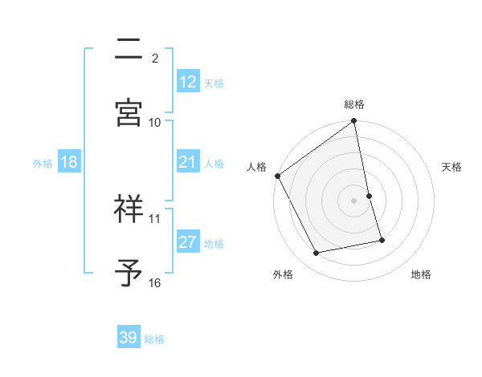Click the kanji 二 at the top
(129, 50)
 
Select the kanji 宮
(129, 112)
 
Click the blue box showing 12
(187, 82)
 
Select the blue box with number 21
(187, 162)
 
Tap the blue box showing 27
(187, 242)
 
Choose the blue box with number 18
(68, 162)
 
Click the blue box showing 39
(129, 338)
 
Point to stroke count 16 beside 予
(155, 282)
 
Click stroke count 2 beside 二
(155, 58)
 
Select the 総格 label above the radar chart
(354, 104)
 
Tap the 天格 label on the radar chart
(451, 167)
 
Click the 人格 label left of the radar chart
(256, 167)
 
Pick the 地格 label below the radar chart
(421, 275)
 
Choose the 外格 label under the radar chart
(283, 275)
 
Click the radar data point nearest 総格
(354, 122)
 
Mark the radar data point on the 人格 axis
(278, 176)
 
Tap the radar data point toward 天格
(369, 196)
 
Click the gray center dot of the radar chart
(354, 201)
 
